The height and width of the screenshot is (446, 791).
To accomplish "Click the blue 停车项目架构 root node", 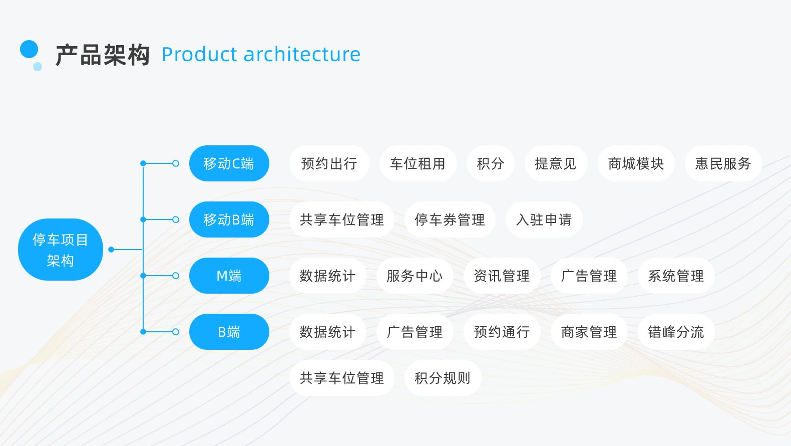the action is [x=61, y=250].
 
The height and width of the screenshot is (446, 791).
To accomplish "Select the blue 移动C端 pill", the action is [x=229, y=163].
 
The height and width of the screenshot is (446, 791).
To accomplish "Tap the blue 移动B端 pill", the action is [x=229, y=219].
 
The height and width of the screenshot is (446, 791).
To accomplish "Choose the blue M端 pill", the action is [x=229, y=276].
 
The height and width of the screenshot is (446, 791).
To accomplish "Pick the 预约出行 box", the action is [x=329, y=163].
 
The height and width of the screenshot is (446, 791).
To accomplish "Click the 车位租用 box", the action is [x=418, y=163].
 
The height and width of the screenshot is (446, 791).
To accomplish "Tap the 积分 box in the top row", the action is [x=491, y=163].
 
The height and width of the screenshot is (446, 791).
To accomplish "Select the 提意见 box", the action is [x=556, y=163].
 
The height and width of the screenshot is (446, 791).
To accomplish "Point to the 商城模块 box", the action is [x=636, y=163].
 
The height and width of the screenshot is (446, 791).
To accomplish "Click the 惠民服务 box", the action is [x=723, y=163].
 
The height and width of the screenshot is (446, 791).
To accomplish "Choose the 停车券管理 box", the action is [x=450, y=219].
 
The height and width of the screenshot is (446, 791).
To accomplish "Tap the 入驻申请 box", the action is [x=544, y=219].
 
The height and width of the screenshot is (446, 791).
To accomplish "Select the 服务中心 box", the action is [x=415, y=276].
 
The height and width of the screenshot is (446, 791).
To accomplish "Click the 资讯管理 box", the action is [x=502, y=276].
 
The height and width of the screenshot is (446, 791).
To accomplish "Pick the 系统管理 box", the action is [x=676, y=276].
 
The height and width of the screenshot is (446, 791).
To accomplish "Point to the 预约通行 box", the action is [x=502, y=332].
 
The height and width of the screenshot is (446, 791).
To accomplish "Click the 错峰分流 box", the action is [x=676, y=332].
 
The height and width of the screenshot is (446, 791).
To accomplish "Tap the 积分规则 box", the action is [x=443, y=378].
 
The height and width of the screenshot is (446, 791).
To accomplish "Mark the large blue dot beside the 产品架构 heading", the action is [x=29, y=49].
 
